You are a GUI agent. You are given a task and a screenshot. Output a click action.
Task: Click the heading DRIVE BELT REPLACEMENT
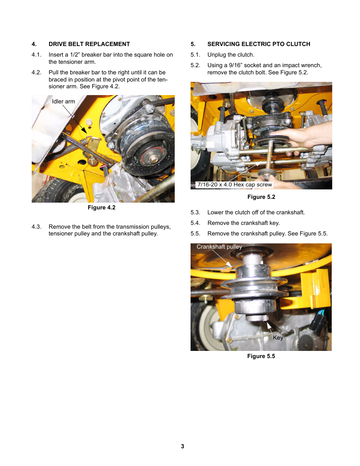89,44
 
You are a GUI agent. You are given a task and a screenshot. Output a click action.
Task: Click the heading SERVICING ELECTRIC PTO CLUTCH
258,44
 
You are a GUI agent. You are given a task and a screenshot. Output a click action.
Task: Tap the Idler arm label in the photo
63,102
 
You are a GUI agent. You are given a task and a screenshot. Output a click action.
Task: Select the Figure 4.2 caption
102,208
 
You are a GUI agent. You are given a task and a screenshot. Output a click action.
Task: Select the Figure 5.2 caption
261,197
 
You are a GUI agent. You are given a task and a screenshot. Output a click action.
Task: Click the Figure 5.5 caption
261,356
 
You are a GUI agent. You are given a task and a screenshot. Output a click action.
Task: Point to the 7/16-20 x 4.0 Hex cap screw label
234,185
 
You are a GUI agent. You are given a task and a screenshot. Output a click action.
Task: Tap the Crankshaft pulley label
219,247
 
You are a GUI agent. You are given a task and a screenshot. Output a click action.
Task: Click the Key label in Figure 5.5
278,338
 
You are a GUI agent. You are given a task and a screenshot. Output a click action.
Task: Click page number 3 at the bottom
183,446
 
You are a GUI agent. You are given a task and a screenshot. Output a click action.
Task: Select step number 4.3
36,227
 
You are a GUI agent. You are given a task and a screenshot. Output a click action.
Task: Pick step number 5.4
195,223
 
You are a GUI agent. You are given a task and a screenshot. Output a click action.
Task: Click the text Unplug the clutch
231,55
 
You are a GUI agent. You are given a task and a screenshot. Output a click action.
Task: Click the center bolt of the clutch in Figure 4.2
154,158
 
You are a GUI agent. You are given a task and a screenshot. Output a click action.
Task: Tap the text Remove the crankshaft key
243,223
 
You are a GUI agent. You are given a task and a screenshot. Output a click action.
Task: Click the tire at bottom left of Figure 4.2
57,191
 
